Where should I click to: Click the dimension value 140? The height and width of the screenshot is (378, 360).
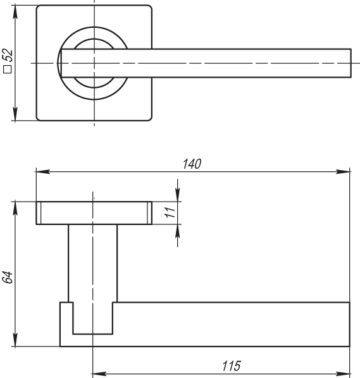pyautogui.click(x=192, y=164)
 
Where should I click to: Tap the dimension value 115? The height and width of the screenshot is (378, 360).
pyautogui.click(x=231, y=366)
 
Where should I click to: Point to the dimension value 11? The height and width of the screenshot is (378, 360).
pyautogui.click(x=171, y=212)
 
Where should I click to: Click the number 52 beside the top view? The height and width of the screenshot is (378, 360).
pyautogui.click(x=8, y=55)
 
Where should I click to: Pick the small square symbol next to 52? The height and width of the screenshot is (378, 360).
pyautogui.click(x=8, y=69)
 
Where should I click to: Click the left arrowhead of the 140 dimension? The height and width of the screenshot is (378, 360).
pyautogui.click(x=43, y=172)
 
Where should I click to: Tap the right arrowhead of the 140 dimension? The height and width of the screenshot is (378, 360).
pyautogui.click(x=343, y=172)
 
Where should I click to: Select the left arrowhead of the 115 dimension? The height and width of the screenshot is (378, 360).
pyautogui.click(x=99, y=374)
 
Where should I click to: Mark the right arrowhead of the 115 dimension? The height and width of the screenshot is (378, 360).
pyautogui.click(x=343, y=374)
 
